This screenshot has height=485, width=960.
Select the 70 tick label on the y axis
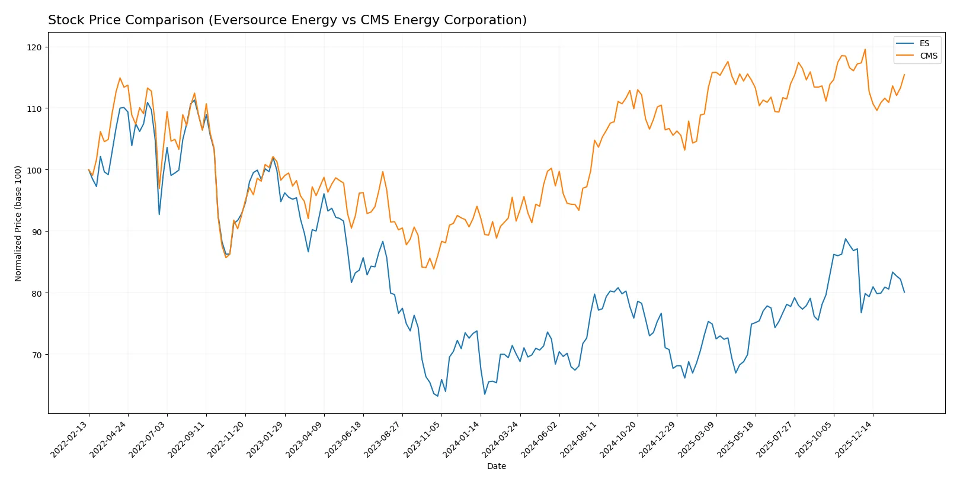coord(36,355)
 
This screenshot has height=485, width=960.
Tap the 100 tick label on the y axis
coord(34,171)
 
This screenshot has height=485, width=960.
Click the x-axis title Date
coord(496,467)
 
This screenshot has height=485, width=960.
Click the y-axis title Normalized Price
coord(18,223)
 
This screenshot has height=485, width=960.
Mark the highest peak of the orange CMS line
coord(865,49)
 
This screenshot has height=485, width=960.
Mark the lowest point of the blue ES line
coord(438,396)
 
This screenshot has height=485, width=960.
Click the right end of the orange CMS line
coord(904,75)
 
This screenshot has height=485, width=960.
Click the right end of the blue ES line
coord(904,293)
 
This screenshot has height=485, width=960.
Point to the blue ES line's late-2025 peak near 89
coord(846,239)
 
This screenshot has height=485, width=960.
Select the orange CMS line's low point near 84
coord(434,269)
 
